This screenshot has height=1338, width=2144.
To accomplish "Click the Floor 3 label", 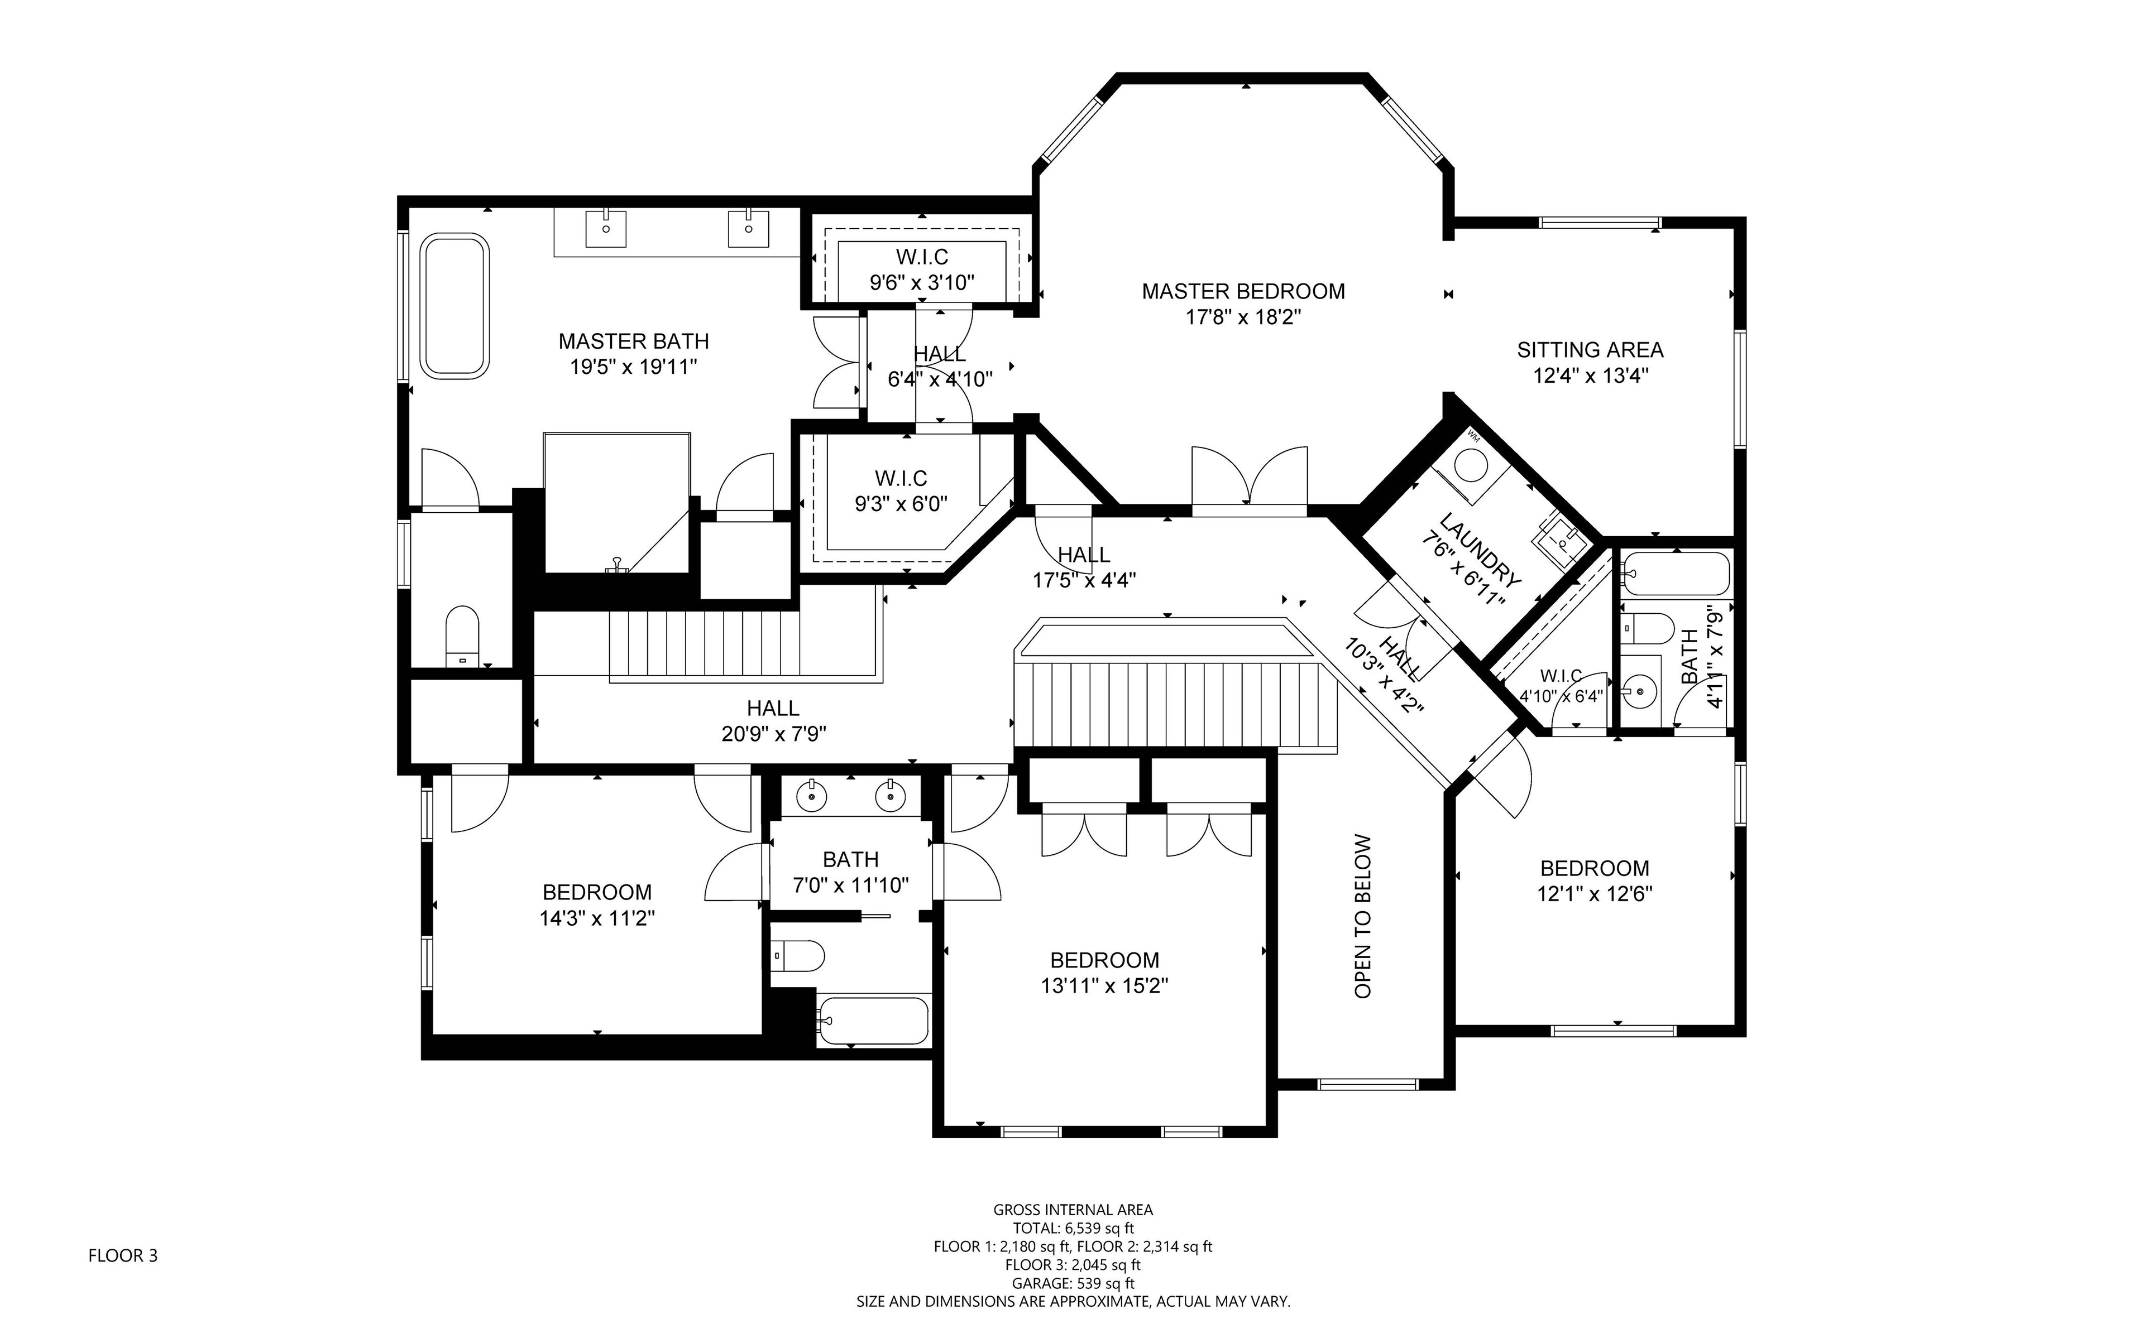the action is coord(123,1255).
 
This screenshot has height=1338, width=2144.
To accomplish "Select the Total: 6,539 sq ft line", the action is coord(1073,1228).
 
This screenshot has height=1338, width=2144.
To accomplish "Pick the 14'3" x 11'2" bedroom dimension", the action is coord(597,918).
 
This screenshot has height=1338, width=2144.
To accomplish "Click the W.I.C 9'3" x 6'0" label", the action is coord(901,491).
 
